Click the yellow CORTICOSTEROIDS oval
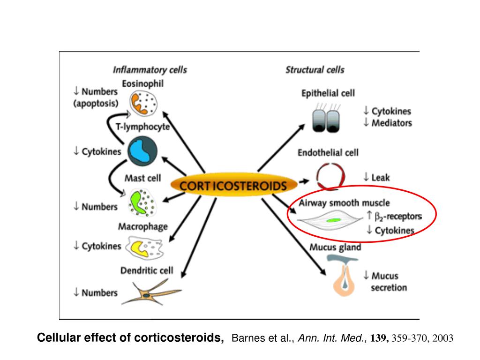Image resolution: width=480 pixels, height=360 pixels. click(x=233, y=186)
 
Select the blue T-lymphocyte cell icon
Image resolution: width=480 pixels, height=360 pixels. click(x=142, y=151)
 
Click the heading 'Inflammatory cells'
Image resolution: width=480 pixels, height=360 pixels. click(x=150, y=70)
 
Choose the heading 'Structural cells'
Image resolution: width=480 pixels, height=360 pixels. click(x=315, y=70)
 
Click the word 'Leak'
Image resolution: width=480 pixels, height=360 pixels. click(x=381, y=177)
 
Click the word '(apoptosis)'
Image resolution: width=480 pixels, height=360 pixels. click(x=96, y=103)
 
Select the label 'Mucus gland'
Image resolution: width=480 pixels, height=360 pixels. click(x=335, y=247)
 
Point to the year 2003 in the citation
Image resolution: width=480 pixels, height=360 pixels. click(x=443, y=338)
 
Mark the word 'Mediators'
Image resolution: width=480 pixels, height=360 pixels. click(x=392, y=123)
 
